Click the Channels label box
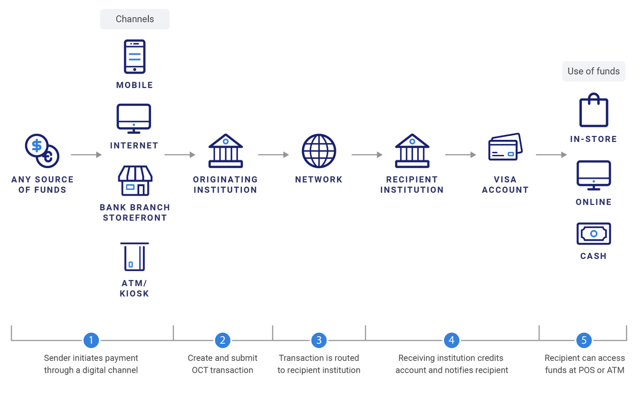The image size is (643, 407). point(135,19)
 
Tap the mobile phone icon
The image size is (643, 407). point(135,56)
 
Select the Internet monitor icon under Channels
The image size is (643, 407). point(134,118)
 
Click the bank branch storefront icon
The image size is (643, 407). point(135,181)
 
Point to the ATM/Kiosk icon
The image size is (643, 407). point(134,257)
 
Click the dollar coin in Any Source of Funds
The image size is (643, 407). point(37,145)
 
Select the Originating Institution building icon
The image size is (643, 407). point(225,151)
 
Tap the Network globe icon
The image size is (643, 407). point(319,151)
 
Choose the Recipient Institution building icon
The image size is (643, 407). point(412,151)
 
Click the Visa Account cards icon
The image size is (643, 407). point(505,147)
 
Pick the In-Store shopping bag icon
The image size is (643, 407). point(594,111)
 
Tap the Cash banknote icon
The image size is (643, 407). point(594,234)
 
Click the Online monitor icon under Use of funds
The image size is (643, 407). point(594,175)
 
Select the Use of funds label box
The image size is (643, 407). point(594,71)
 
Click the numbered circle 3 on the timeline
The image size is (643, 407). point(319,340)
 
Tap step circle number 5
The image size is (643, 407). point(584,340)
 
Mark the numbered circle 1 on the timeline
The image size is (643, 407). point(91,340)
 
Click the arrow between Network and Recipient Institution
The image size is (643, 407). point(367,154)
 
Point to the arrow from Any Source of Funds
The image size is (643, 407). point(86,154)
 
